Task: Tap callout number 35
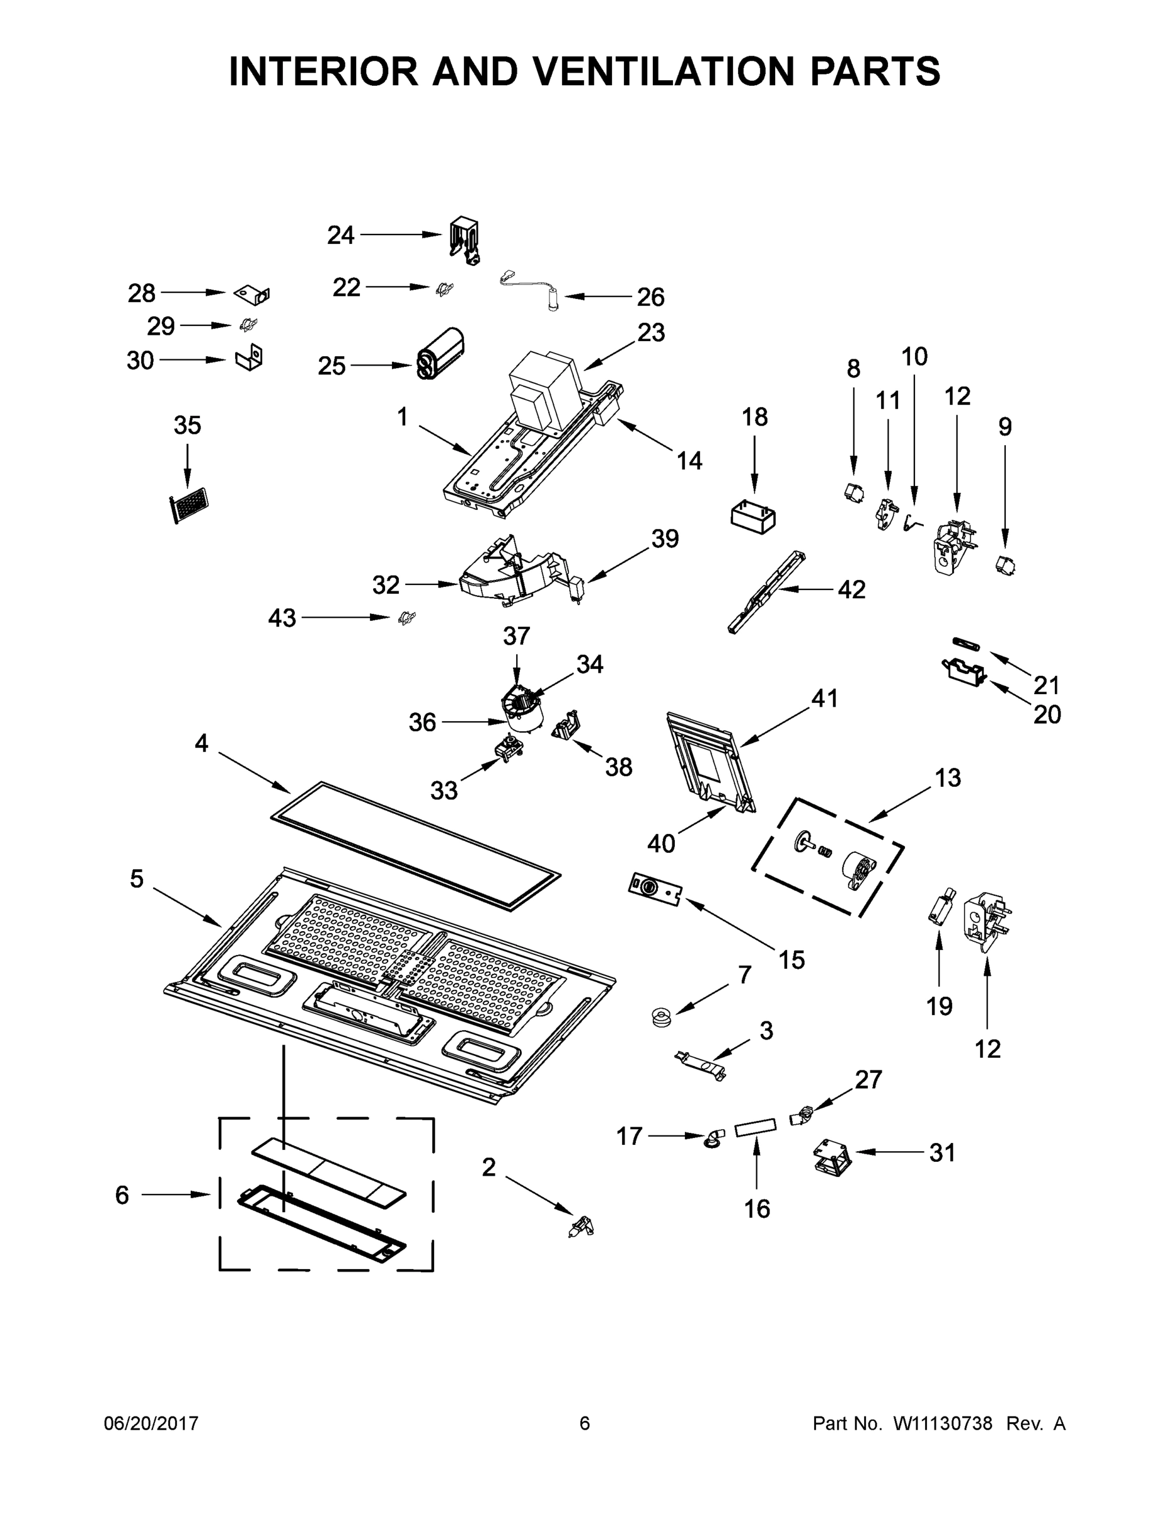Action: (187, 426)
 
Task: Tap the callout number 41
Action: (824, 699)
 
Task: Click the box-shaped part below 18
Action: (754, 518)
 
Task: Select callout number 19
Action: (939, 1006)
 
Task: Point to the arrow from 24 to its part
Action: (400, 235)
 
